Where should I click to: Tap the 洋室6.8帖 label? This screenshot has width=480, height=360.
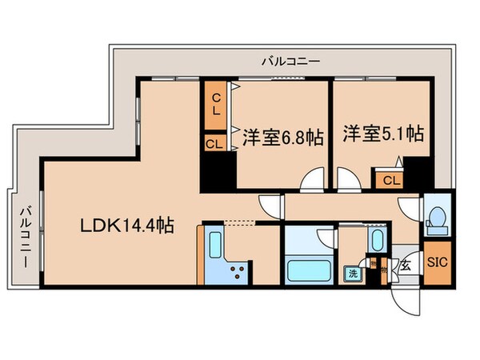click(282, 137)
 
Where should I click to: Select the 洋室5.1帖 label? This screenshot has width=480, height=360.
click(384, 133)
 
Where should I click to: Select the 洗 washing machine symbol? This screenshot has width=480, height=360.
click(353, 274)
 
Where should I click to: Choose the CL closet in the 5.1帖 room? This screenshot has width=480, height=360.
click(390, 180)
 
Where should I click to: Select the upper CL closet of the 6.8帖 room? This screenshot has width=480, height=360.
click(216, 102)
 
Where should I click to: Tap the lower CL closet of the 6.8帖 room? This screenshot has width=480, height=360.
click(214, 145)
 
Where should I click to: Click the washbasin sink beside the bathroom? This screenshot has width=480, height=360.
click(376, 242)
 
